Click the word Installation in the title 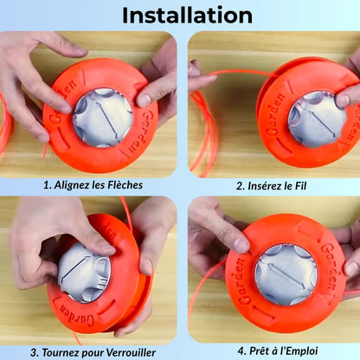coord(187,16)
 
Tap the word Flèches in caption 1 coord(125,185)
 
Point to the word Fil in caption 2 coord(300,186)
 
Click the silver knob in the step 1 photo coord(102,118)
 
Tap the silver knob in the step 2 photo coord(318,119)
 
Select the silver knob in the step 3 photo coord(84,273)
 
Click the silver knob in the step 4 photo coord(286,274)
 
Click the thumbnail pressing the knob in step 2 coord(343,100)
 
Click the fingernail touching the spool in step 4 coord(241,246)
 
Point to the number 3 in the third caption coord(35,352)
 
